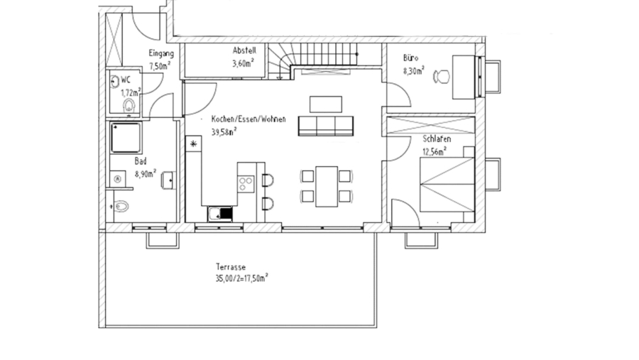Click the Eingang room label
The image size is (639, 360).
coord(160,54)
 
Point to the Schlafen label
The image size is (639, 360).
coord(435,140)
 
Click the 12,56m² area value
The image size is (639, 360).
coord(435,151)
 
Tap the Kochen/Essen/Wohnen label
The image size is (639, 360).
coord(248,119)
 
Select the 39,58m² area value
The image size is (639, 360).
coord(224,131)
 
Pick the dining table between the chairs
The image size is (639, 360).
coord(326,186)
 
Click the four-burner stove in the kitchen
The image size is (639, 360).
coord(246,184)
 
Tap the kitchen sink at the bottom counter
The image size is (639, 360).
coord(219,212)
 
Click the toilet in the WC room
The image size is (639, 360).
coord(129,106)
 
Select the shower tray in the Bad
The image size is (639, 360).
coord(126,137)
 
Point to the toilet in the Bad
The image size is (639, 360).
coord(122,207)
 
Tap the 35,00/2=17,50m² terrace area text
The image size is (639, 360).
coord(241,278)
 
